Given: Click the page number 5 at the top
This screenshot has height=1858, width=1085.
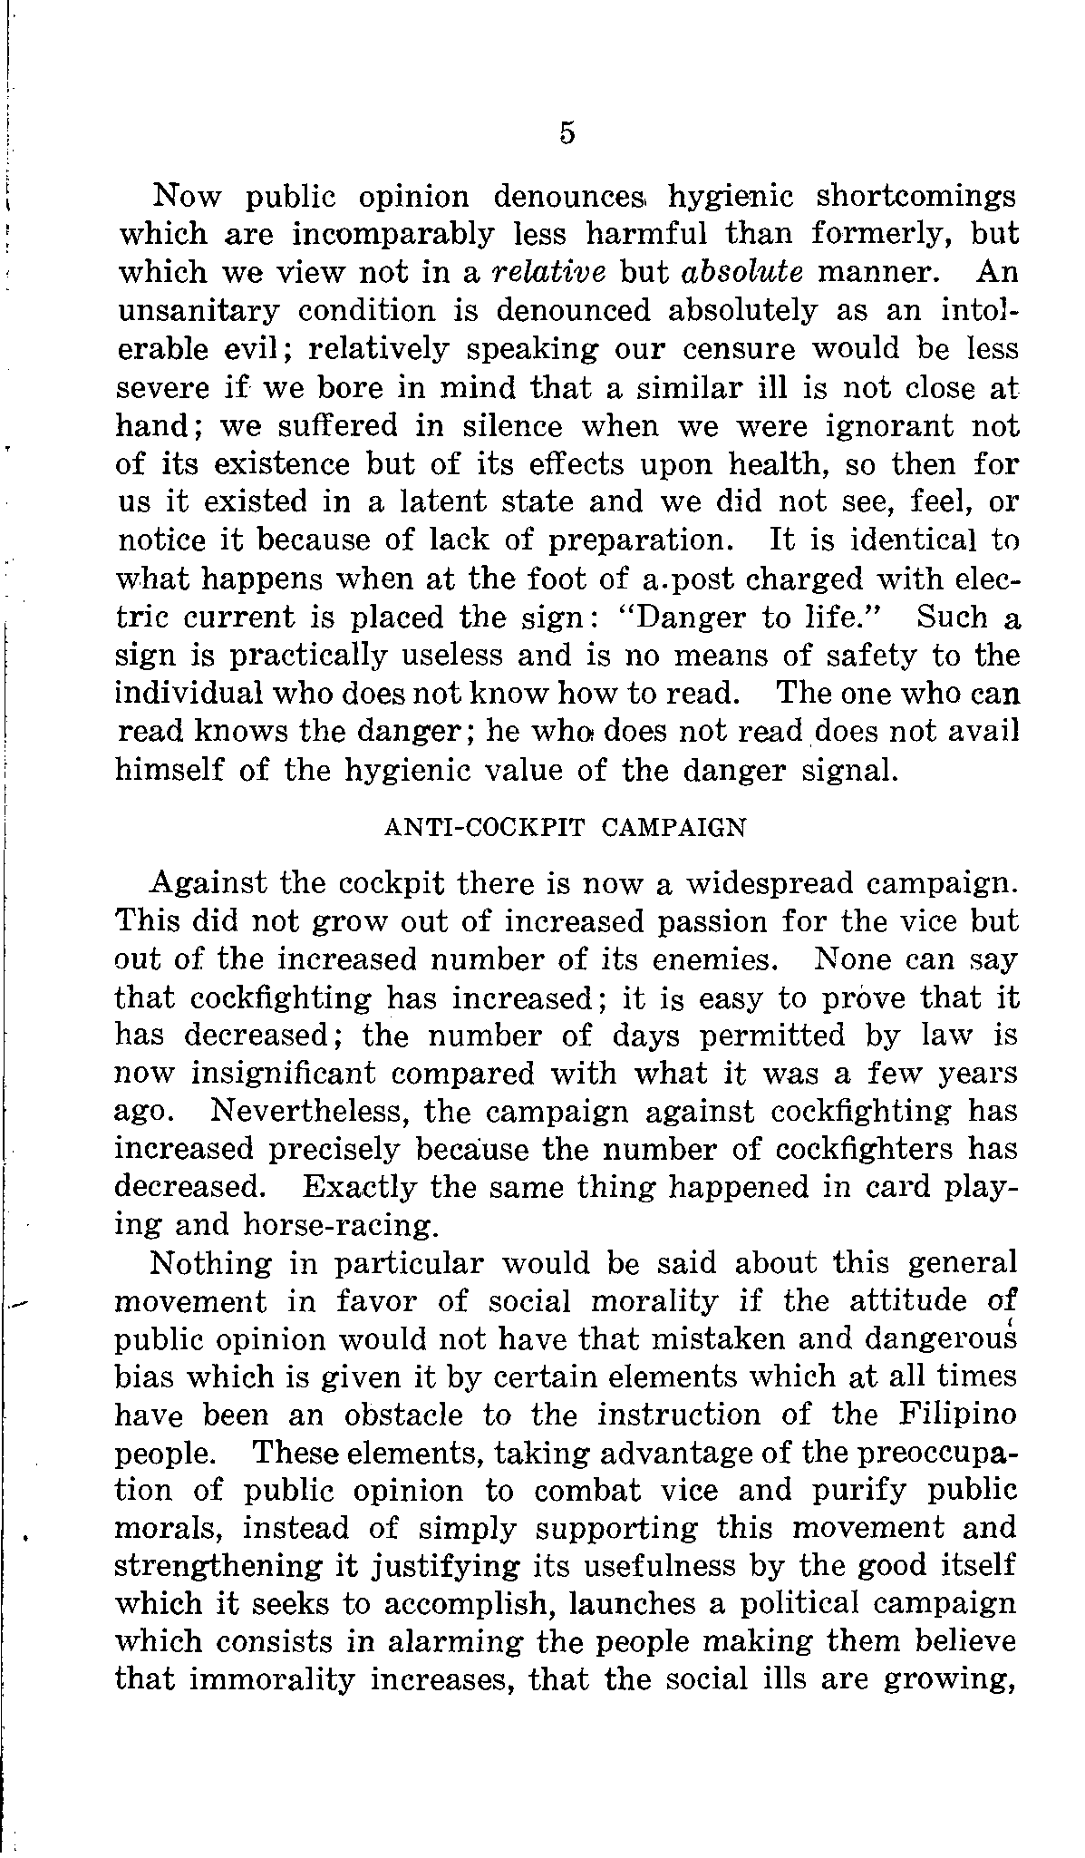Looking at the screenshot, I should pyautogui.click(x=567, y=133).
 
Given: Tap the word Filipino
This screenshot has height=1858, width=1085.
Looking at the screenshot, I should pyautogui.click(x=959, y=1415).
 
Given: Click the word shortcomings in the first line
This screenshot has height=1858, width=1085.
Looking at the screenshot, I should pyautogui.click(x=916, y=196).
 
